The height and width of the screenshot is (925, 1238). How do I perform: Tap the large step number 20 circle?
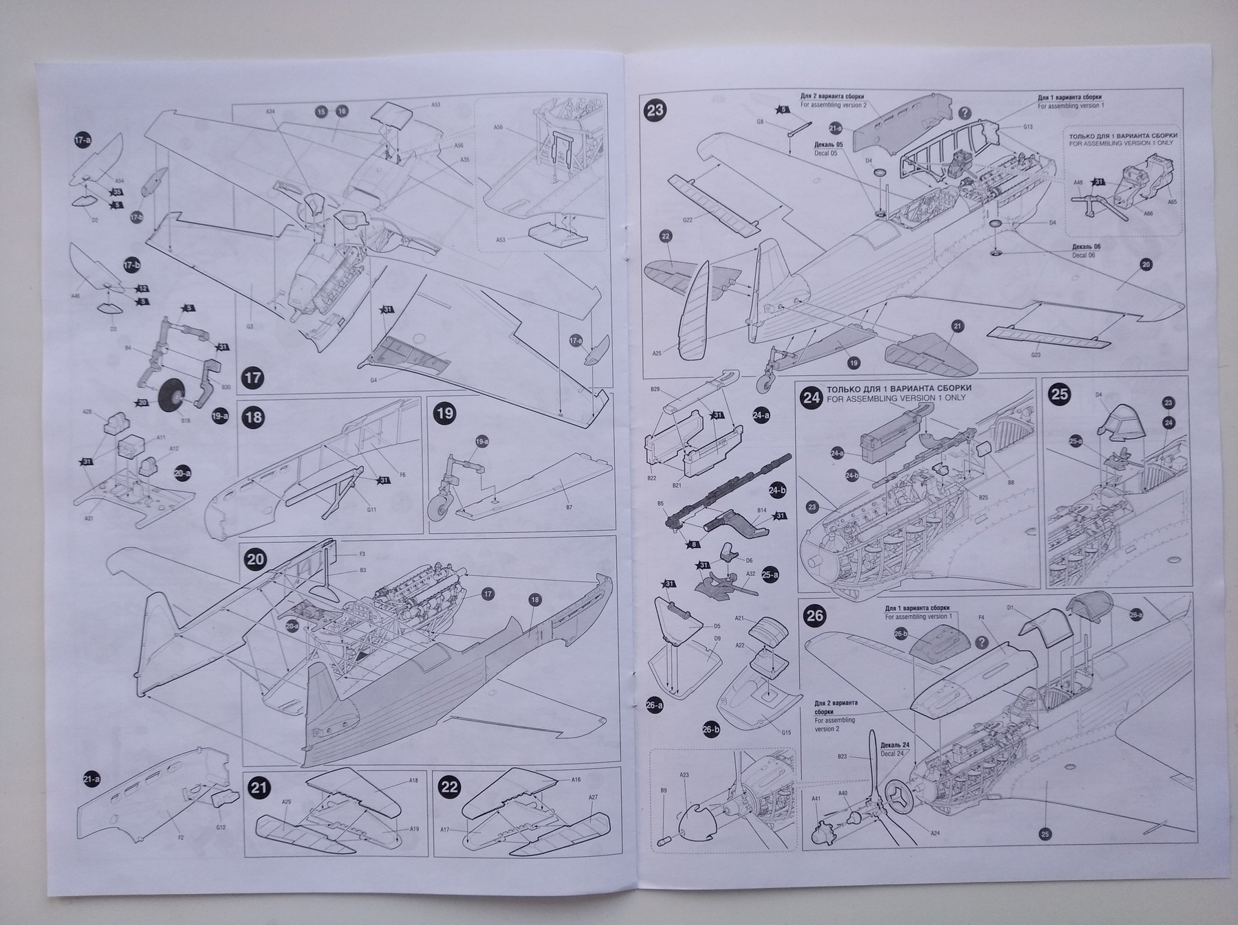[255, 559]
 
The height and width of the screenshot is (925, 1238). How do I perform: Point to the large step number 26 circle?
[814, 615]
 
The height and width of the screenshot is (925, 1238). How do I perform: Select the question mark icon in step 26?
[981, 641]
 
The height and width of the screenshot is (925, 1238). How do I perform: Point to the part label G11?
[371, 510]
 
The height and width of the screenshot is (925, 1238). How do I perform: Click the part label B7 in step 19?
[569, 506]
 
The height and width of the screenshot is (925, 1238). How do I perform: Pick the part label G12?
[220, 827]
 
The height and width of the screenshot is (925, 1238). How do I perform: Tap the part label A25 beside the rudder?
[658, 353]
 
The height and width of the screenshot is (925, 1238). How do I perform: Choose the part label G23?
[1036, 355]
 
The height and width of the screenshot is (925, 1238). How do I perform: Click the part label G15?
[786, 733]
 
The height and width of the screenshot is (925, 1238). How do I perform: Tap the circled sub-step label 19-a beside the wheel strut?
[220, 416]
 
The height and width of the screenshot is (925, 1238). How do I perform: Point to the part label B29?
[655, 390]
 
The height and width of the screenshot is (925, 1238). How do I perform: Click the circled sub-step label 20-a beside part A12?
[182, 473]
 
